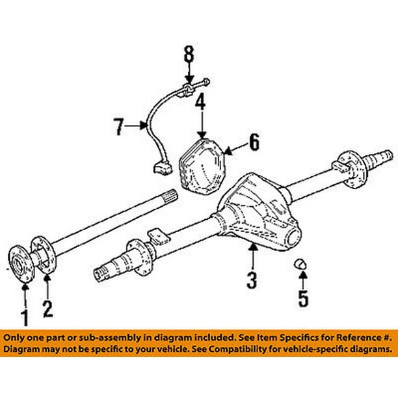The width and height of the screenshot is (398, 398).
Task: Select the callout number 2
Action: pyautogui.click(x=47, y=308)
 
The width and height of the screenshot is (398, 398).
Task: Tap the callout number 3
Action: pyautogui.click(x=252, y=280)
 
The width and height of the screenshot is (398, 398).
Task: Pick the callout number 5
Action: pyautogui.click(x=303, y=299)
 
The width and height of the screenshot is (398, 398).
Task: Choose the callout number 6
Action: pyautogui.click(x=253, y=142)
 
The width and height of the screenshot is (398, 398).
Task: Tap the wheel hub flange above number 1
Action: pyautogui.click(x=23, y=263)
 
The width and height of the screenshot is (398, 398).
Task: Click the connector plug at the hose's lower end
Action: pyautogui.click(x=159, y=171)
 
